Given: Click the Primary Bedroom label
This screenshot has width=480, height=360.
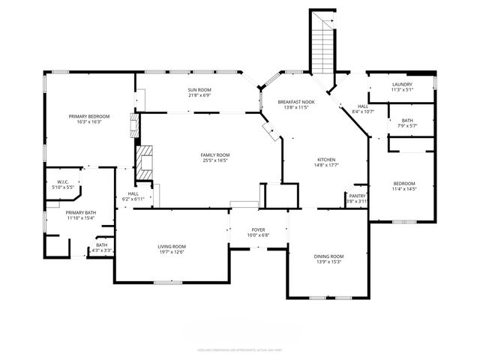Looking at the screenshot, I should click(x=89, y=116).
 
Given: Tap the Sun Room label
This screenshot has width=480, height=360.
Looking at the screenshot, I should click(x=199, y=90).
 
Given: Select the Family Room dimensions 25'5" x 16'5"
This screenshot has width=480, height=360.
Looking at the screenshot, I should click(x=214, y=160).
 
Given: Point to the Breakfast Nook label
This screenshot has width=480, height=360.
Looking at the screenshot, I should click(x=296, y=101).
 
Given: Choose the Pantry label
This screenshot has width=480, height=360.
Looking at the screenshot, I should click(x=357, y=196).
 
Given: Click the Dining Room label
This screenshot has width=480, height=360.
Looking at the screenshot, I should click(x=328, y=256).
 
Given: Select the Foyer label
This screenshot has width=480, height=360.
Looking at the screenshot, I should click(x=258, y=229).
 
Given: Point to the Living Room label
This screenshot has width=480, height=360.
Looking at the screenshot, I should click(x=171, y=247).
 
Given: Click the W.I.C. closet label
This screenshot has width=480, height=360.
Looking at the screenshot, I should click(x=63, y=181).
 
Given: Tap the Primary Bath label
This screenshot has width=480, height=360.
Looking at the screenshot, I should click(x=80, y=213).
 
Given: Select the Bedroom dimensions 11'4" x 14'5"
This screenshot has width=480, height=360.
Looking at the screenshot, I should click(x=404, y=189).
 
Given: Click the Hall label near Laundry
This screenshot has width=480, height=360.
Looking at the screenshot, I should click(x=362, y=106).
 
